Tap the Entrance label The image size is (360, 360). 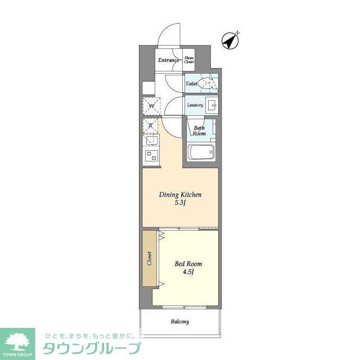point(168,60)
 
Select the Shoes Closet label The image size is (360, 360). point(189,60)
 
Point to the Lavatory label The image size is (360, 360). point(195,105)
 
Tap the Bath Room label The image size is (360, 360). point(199,131)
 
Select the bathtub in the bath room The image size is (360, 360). point(201,152)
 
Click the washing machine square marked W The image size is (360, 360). point(151,105)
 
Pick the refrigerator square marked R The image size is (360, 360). point(150,125)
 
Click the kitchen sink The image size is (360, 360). point(151,141)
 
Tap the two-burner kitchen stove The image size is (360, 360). point(151,156)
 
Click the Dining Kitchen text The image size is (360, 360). point(180,195)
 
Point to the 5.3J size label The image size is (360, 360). point(180,203)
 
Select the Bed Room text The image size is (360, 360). point(188,264)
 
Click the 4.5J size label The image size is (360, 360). point(188,272)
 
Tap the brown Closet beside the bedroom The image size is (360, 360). point(149,258)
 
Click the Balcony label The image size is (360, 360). point(179,322)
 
